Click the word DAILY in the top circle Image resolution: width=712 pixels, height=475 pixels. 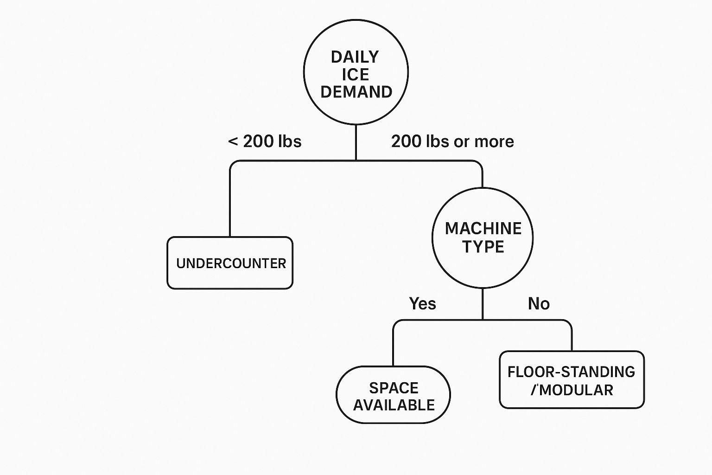[x=355, y=57]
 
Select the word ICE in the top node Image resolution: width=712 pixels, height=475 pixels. [x=356, y=75]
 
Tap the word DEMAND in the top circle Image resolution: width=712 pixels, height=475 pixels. [x=356, y=92]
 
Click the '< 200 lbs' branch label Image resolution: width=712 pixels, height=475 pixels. [x=265, y=141]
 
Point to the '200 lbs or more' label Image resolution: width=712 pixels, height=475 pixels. [x=452, y=141]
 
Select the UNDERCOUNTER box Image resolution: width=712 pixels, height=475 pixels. [x=230, y=263]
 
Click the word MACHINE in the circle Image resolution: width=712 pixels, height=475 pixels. [x=483, y=229]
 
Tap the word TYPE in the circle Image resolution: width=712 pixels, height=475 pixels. [x=483, y=247]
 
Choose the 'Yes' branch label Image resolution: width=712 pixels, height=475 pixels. [x=422, y=304]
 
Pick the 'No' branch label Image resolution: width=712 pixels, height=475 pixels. [x=539, y=304]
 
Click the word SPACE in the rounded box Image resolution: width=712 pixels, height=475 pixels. [x=394, y=388]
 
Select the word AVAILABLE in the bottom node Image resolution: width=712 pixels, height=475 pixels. [x=394, y=405]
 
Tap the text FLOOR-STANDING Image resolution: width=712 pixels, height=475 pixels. [x=571, y=372]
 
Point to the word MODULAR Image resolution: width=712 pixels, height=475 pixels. [x=576, y=390]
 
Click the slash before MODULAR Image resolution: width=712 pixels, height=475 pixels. [x=534, y=390]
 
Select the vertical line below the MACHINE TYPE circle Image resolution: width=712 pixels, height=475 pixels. [x=483, y=304]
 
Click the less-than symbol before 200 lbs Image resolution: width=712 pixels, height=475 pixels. [x=233, y=141]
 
